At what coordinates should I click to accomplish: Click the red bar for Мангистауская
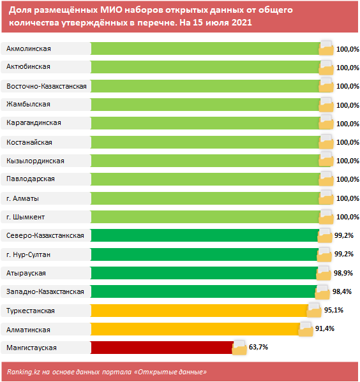coord(161,348)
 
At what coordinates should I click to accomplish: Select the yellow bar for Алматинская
coord(195,329)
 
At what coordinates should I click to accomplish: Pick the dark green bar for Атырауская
coord(204,273)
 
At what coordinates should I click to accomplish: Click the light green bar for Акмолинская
coord(204,48)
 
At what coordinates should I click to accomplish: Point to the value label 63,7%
coord(259,348)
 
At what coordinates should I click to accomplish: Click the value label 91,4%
coord(325,329)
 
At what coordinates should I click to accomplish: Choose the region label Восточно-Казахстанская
coord(47,86)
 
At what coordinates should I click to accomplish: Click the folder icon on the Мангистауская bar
coord(239,348)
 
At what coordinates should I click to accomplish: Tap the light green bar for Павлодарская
coord(204,179)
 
